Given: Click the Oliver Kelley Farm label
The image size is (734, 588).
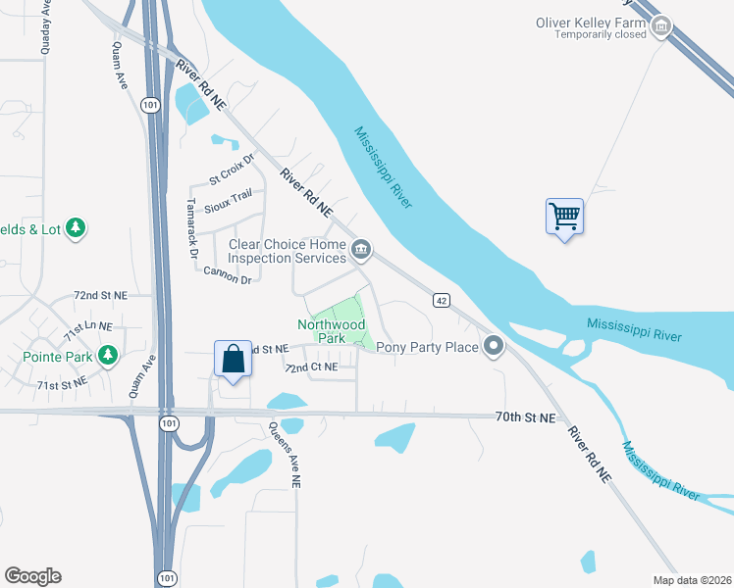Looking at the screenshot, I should tap(591, 22).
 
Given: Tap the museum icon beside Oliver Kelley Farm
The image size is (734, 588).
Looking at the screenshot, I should tap(661, 26).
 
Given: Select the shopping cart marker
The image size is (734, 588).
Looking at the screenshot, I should tap(564, 216).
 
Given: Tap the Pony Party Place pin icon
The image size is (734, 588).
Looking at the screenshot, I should tap(494, 346).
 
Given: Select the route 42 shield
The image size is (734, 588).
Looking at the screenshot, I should tap(442, 300).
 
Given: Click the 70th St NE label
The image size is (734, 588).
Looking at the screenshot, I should tap(525, 417).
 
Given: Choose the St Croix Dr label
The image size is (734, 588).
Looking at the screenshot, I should tap(231, 173).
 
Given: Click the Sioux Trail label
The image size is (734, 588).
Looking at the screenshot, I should tap(230, 200).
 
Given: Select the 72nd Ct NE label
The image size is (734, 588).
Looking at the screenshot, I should tap(310, 367).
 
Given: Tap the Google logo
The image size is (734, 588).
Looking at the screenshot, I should tap(32, 576).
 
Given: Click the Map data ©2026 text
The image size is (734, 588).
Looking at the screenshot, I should tap(691, 580).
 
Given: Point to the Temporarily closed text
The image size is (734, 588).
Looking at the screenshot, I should tap(600, 34).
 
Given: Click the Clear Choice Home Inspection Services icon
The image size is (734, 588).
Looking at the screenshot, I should tap(361, 251).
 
